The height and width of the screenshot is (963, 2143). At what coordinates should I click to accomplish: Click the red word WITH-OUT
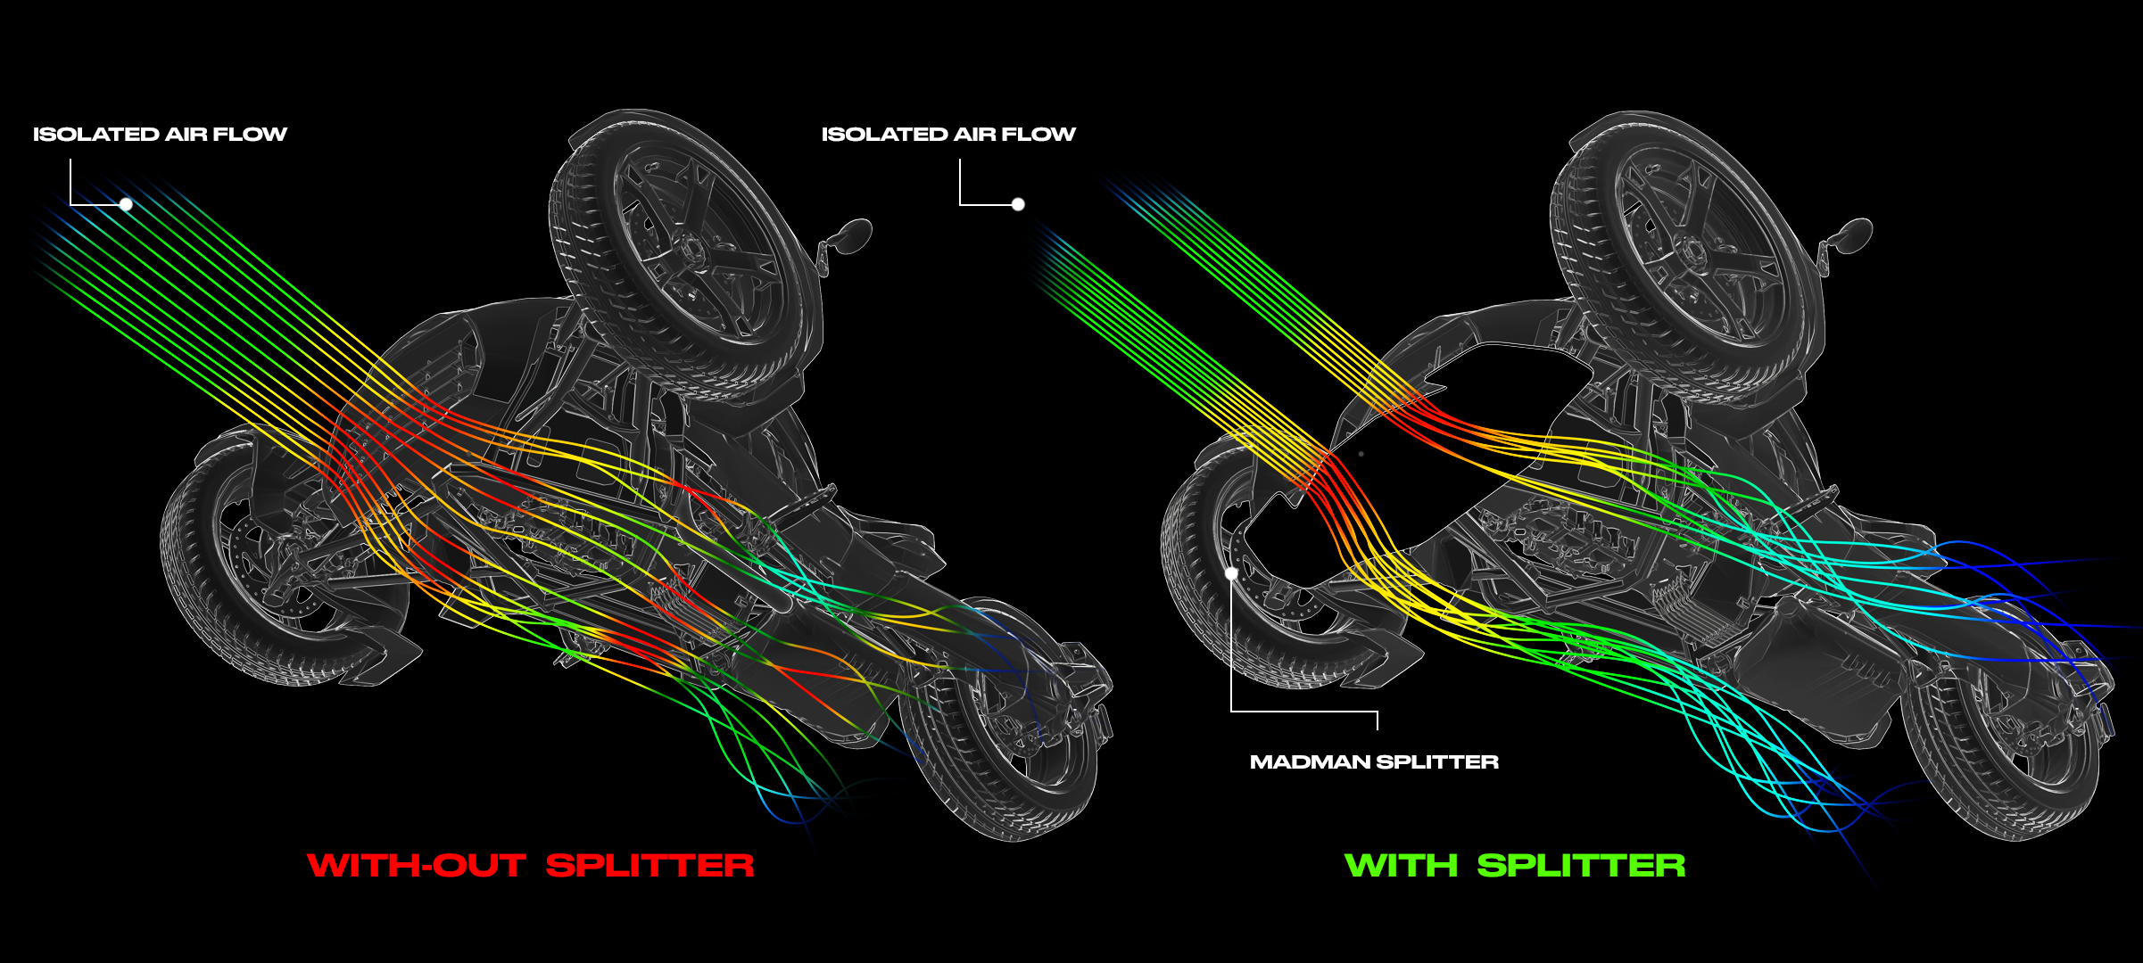pyautogui.click(x=416, y=866)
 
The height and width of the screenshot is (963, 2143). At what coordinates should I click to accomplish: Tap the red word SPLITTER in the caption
pyautogui.click(x=650, y=866)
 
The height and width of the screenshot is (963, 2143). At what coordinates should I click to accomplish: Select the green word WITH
pyautogui.click(x=1401, y=866)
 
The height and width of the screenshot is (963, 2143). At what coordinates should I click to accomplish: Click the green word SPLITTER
pyautogui.click(x=1581, y=866)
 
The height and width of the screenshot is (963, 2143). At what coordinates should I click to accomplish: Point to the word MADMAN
pyautogui.click(x=1310, y=762)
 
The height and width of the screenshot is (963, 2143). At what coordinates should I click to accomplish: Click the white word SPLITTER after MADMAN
pyautogui.click(x=1437, y=762)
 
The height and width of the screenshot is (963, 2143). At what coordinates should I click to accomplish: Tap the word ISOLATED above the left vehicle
pyautogui.click(x=95, y=135)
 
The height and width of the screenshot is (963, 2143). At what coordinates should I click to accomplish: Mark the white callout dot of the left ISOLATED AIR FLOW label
pyautogui.click(x=127, y=204)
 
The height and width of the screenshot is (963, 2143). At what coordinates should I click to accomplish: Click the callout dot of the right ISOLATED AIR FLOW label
pyautogui.click(x=1018, y=204)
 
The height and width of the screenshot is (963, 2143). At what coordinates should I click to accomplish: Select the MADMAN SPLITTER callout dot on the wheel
pyautogui.click(x=1231, y=573)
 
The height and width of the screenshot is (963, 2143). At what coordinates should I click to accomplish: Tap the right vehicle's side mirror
pyautogui.click(x=1853, y=234)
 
